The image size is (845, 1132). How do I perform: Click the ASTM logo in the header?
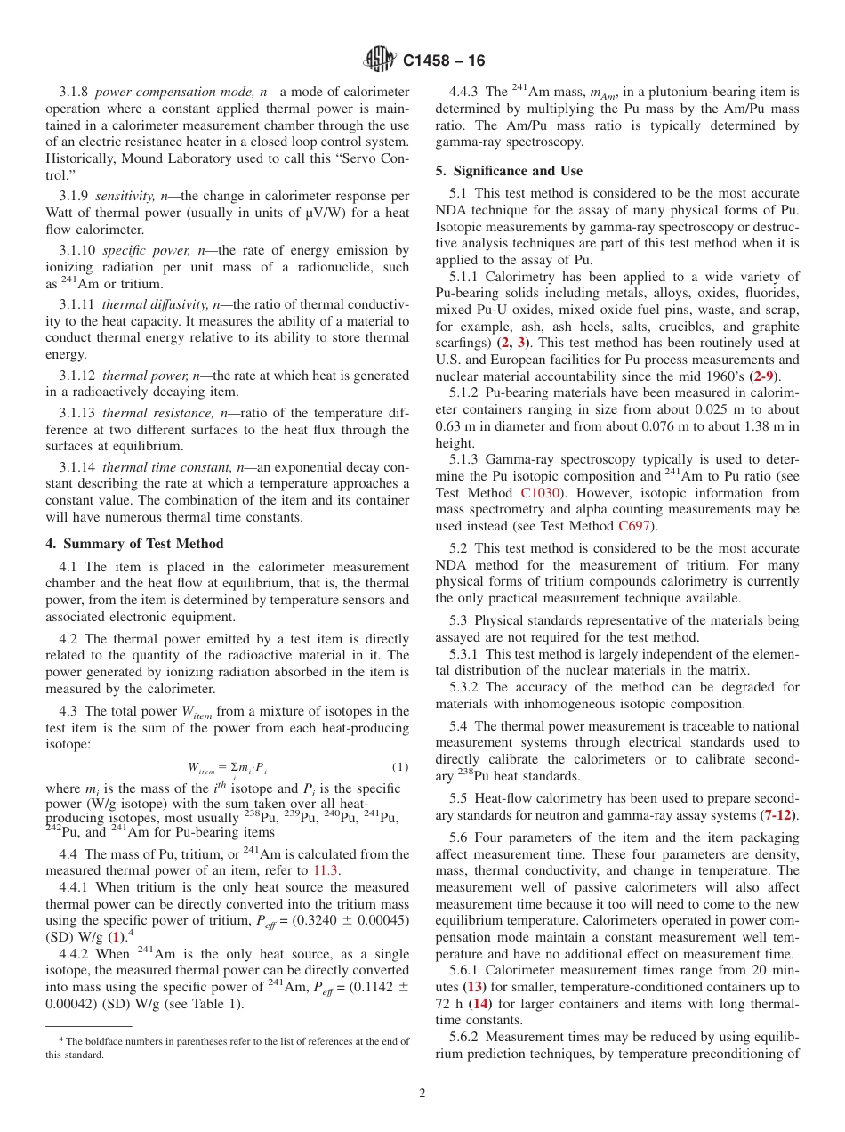pos(380,61)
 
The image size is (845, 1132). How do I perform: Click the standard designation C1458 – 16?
pos(444,61)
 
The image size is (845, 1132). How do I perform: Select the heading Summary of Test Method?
pos(133,544)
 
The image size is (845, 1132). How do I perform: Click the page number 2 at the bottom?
pos(422,1094)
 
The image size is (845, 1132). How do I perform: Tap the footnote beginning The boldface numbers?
pos(227,1047)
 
